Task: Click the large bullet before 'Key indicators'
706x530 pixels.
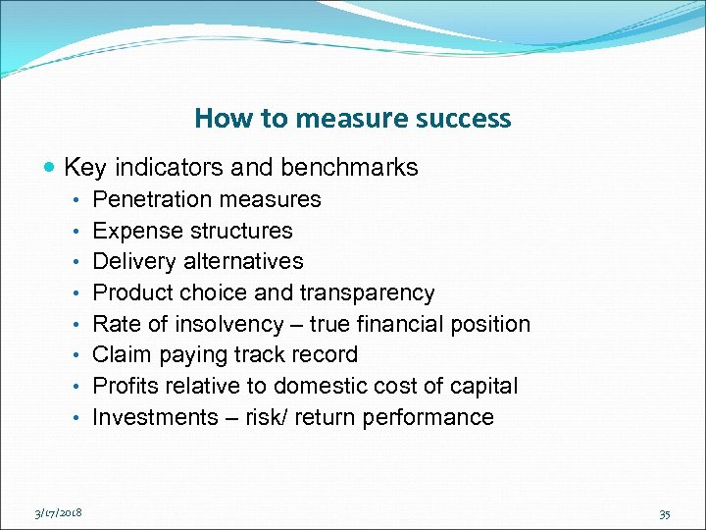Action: [x=51, y=168]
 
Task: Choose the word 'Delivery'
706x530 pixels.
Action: [x=131, y=262]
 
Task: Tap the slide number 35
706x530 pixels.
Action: [x=666, y=511]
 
